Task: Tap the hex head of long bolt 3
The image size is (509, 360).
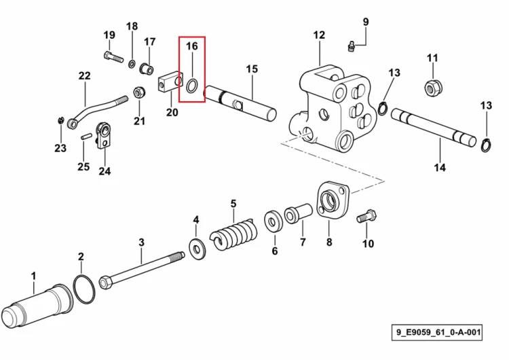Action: click(105, 283)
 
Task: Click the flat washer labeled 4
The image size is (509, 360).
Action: click(197, 249)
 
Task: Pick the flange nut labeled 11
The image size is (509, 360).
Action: click(433, 88)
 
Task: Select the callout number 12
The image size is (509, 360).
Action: click(319, 35)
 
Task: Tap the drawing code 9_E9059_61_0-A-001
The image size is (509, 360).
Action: click(437, 332)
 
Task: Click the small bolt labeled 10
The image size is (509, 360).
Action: click(366, 217)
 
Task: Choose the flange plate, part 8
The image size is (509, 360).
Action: click(332, 200)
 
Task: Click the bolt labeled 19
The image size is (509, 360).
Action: click(113, 57)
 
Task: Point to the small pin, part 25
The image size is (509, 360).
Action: click(86, 137)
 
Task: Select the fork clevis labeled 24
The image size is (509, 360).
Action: click(104, 135)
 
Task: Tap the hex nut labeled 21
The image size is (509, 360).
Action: click(139, 92)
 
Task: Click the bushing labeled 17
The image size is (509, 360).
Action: click(147, 69)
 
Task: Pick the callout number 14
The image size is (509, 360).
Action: click(440, 168)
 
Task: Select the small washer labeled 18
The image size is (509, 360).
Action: click(132, 63)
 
